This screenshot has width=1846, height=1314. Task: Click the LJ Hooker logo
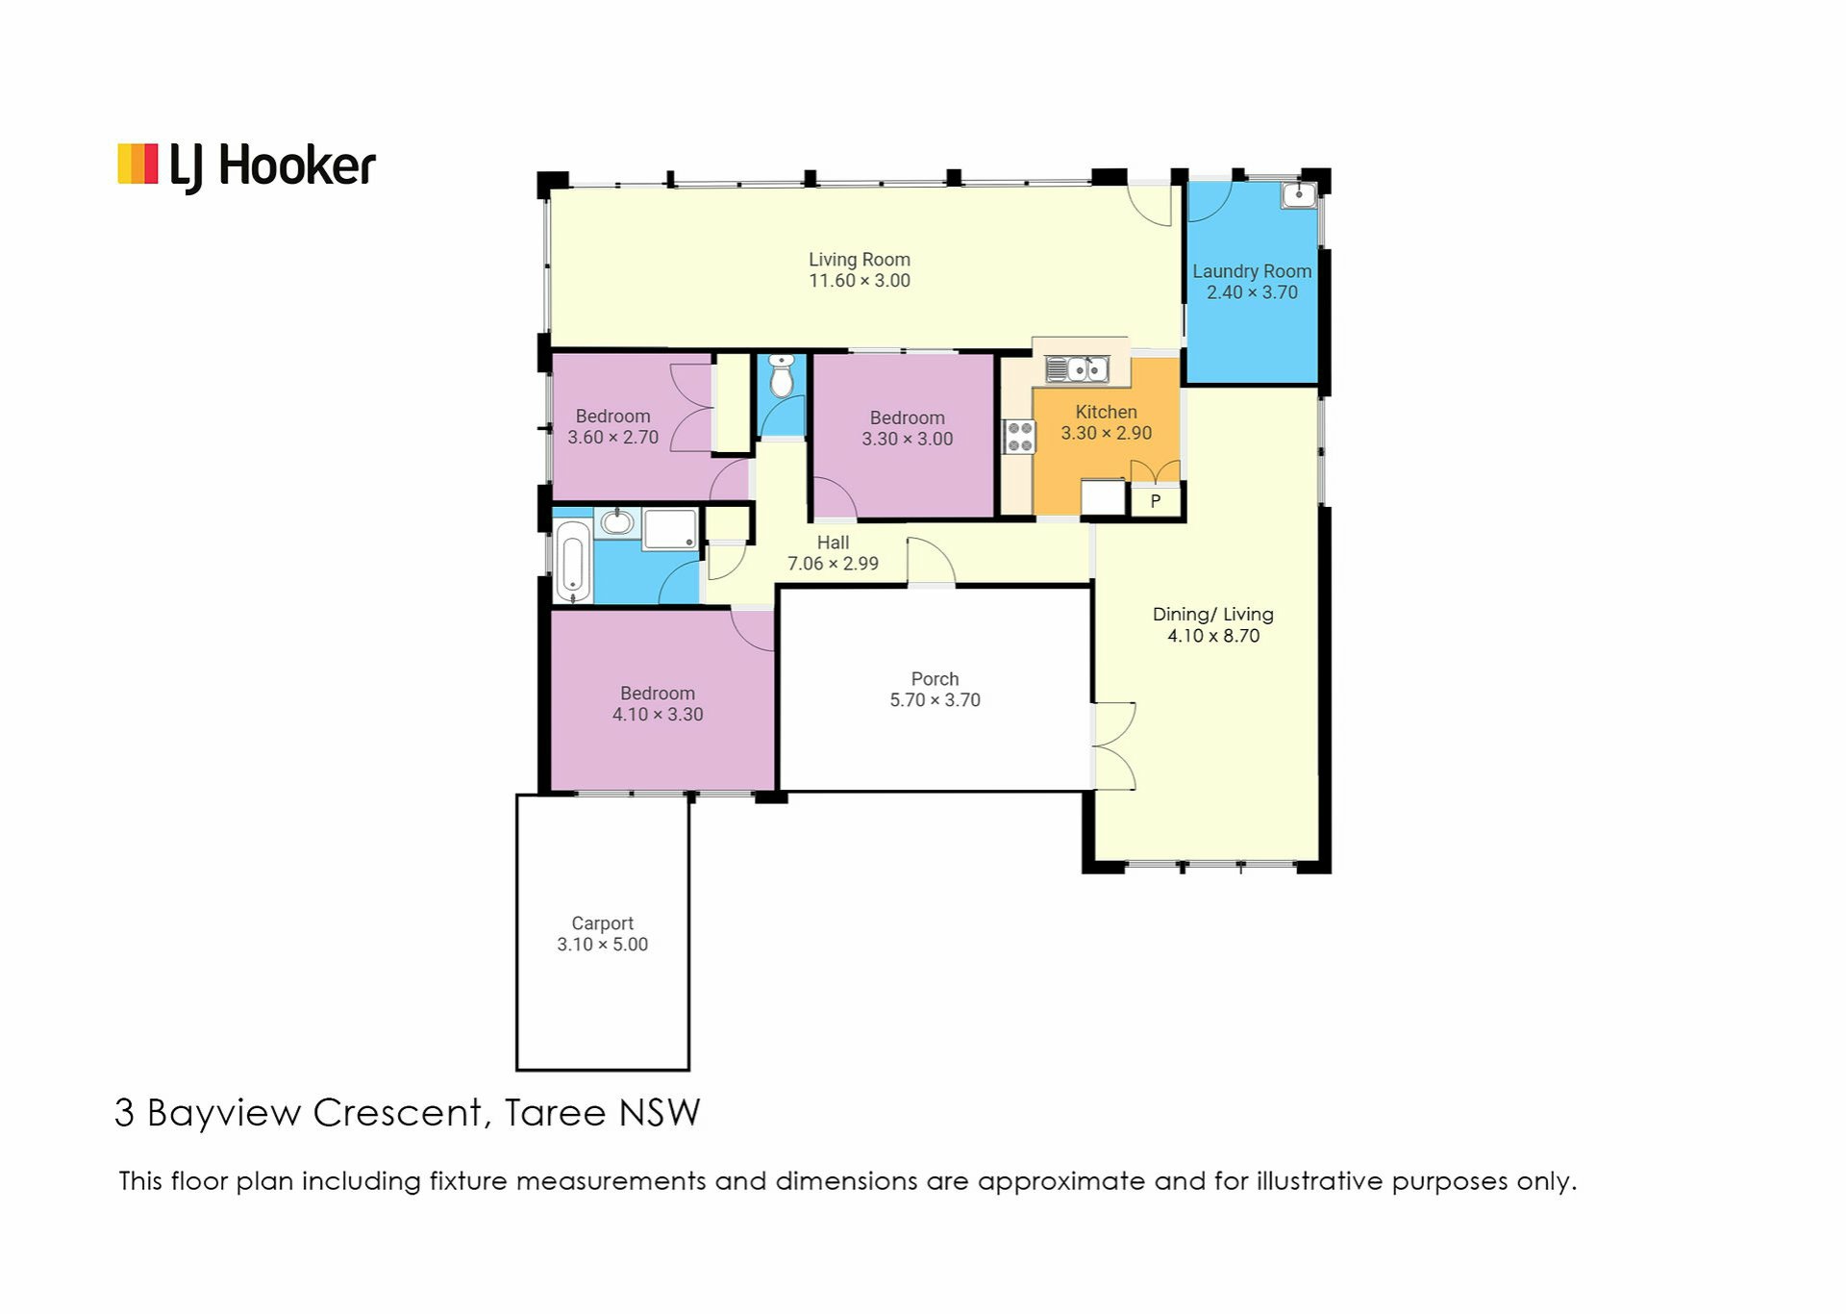246,165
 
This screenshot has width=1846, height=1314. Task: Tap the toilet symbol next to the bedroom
782,375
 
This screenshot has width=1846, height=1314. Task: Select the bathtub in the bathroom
573,562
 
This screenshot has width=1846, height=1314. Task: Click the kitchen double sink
1077,368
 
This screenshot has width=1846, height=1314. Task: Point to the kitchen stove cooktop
1020,437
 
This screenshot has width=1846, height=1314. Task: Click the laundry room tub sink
1299,195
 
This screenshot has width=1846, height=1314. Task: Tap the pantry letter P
1156,501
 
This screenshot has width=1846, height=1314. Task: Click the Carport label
603,923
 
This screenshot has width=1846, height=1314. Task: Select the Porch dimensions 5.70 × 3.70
935,700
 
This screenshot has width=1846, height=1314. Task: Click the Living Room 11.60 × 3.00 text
860,270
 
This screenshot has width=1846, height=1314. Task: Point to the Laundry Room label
1252,271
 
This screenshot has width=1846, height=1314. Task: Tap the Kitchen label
1106,412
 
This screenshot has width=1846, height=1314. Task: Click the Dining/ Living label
1213,614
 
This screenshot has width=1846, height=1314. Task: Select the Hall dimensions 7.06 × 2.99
833,564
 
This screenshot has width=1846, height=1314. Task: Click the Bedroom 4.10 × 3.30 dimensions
658,715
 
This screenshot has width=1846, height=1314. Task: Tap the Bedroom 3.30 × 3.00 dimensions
908,439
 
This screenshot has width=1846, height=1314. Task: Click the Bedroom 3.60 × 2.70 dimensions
612,438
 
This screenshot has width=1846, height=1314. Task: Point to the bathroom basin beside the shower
617,522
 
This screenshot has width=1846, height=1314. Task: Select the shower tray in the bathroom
670,529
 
